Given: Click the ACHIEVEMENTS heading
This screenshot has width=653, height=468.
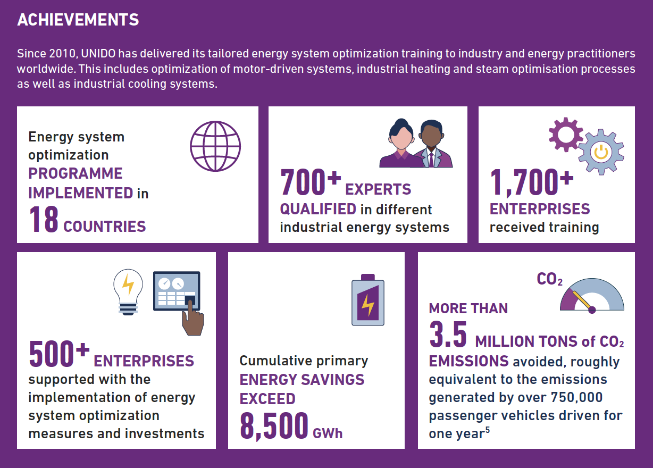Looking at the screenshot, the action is coord(78,20).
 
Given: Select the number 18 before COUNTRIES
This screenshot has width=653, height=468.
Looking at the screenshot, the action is coord(44,219).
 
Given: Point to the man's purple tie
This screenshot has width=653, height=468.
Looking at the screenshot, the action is coord(431,160).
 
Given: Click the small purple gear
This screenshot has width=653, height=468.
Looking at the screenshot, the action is coord(566,135).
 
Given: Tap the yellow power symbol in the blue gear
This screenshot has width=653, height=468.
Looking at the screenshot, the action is coord(601,152).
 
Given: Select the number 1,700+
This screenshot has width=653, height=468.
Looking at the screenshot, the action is coord(531,182).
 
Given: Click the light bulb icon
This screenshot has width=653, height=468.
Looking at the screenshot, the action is coord(128,292).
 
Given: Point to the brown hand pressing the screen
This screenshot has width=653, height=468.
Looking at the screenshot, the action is coord(192,319).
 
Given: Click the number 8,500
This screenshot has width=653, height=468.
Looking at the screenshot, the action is coord(274,425).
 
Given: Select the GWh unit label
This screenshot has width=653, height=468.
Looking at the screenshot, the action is coord(328,433).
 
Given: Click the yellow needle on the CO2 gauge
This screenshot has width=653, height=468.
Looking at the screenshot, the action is coord(582,300).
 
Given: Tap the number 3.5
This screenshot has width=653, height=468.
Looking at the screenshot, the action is coord(448,335).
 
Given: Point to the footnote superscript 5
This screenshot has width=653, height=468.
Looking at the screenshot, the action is coord(488,430).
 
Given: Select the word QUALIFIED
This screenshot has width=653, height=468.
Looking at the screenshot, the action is coord(318,210).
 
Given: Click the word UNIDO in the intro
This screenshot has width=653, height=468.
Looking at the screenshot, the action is coord(98,54).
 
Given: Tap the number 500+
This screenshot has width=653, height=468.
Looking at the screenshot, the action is coord(59,354).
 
